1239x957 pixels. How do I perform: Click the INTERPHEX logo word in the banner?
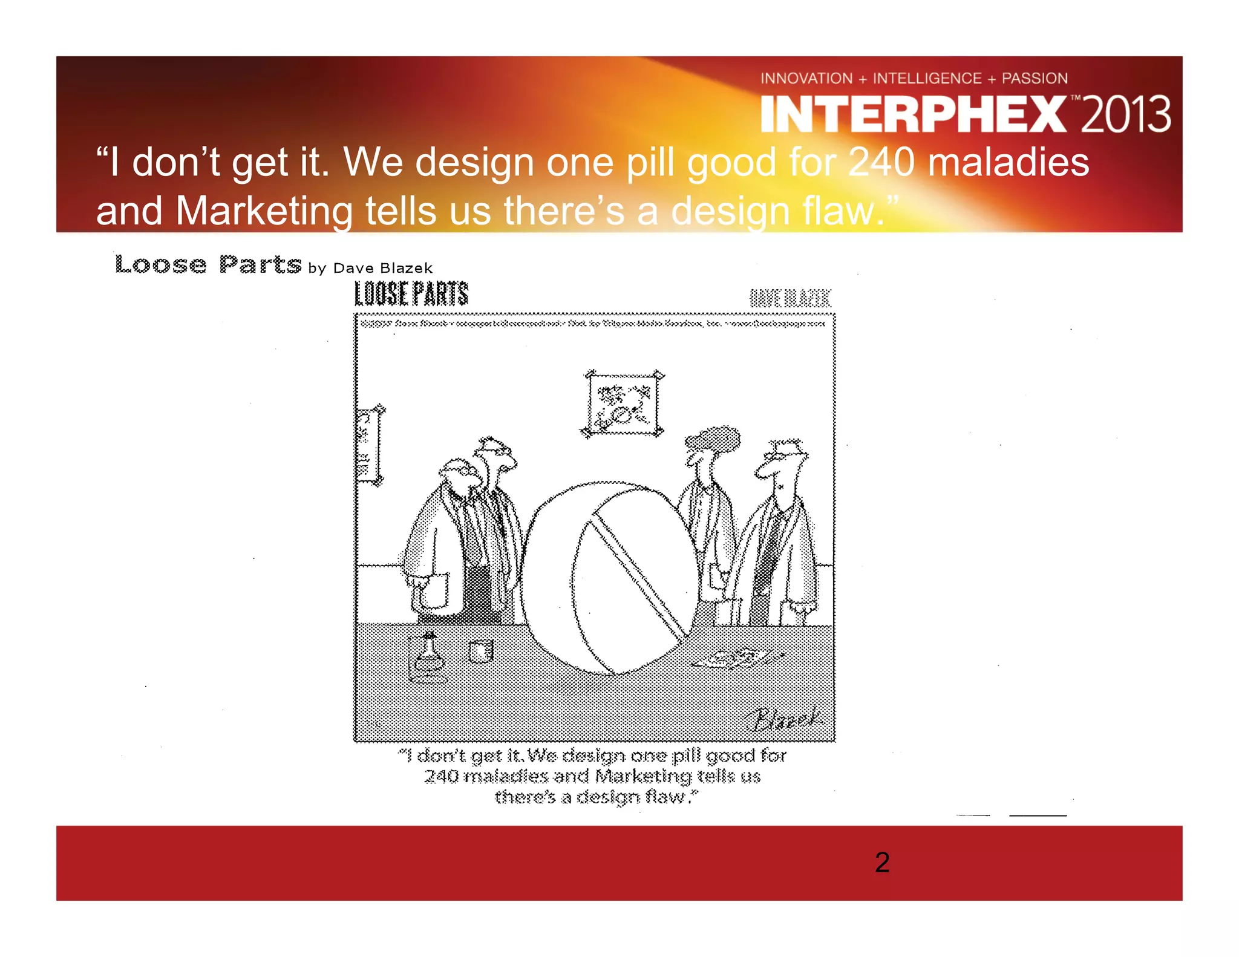[x=914, y=114]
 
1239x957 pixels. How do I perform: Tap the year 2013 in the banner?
[x=1125, y=114]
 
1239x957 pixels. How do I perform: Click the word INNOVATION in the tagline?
[x=806, y=79]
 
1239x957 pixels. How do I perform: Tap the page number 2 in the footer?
[x=882, y=862]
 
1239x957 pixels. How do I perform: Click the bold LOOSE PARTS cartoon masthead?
[x=411, y=295]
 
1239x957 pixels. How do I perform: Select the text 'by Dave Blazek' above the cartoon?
[x=370, y=268]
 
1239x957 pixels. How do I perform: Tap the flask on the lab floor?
[x=428, y=656]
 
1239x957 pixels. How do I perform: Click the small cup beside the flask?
[x=481, y=652]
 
